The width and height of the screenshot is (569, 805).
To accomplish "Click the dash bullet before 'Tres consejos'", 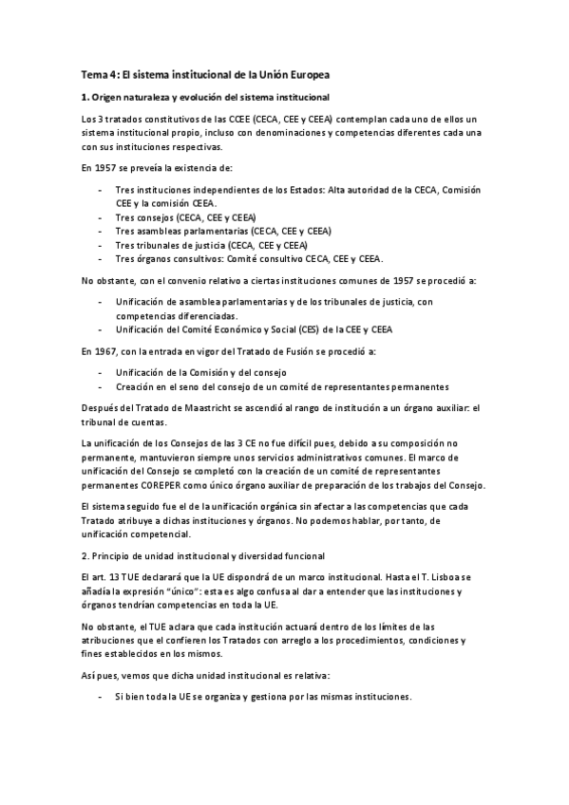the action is (101, 217).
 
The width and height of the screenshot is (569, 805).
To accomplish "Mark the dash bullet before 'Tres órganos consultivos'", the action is (101, 257).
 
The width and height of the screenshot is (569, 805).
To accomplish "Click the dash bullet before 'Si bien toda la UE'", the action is (101, 696).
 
